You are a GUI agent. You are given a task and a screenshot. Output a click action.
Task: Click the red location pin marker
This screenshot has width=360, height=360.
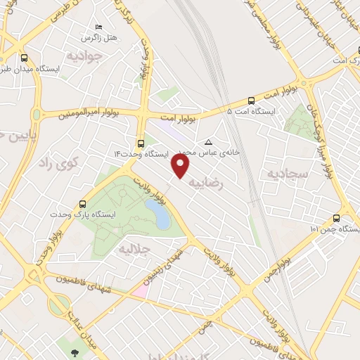click(181, 166)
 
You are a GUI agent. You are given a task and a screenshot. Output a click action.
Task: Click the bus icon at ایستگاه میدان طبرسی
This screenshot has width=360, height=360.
click(25, 58)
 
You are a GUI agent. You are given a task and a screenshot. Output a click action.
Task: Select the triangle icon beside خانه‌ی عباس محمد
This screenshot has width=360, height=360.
click(207, 143)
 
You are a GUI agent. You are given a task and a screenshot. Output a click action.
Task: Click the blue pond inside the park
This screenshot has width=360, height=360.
click(162, 218)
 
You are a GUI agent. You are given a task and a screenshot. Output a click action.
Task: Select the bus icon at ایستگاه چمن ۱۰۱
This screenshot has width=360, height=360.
click(336, 218)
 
